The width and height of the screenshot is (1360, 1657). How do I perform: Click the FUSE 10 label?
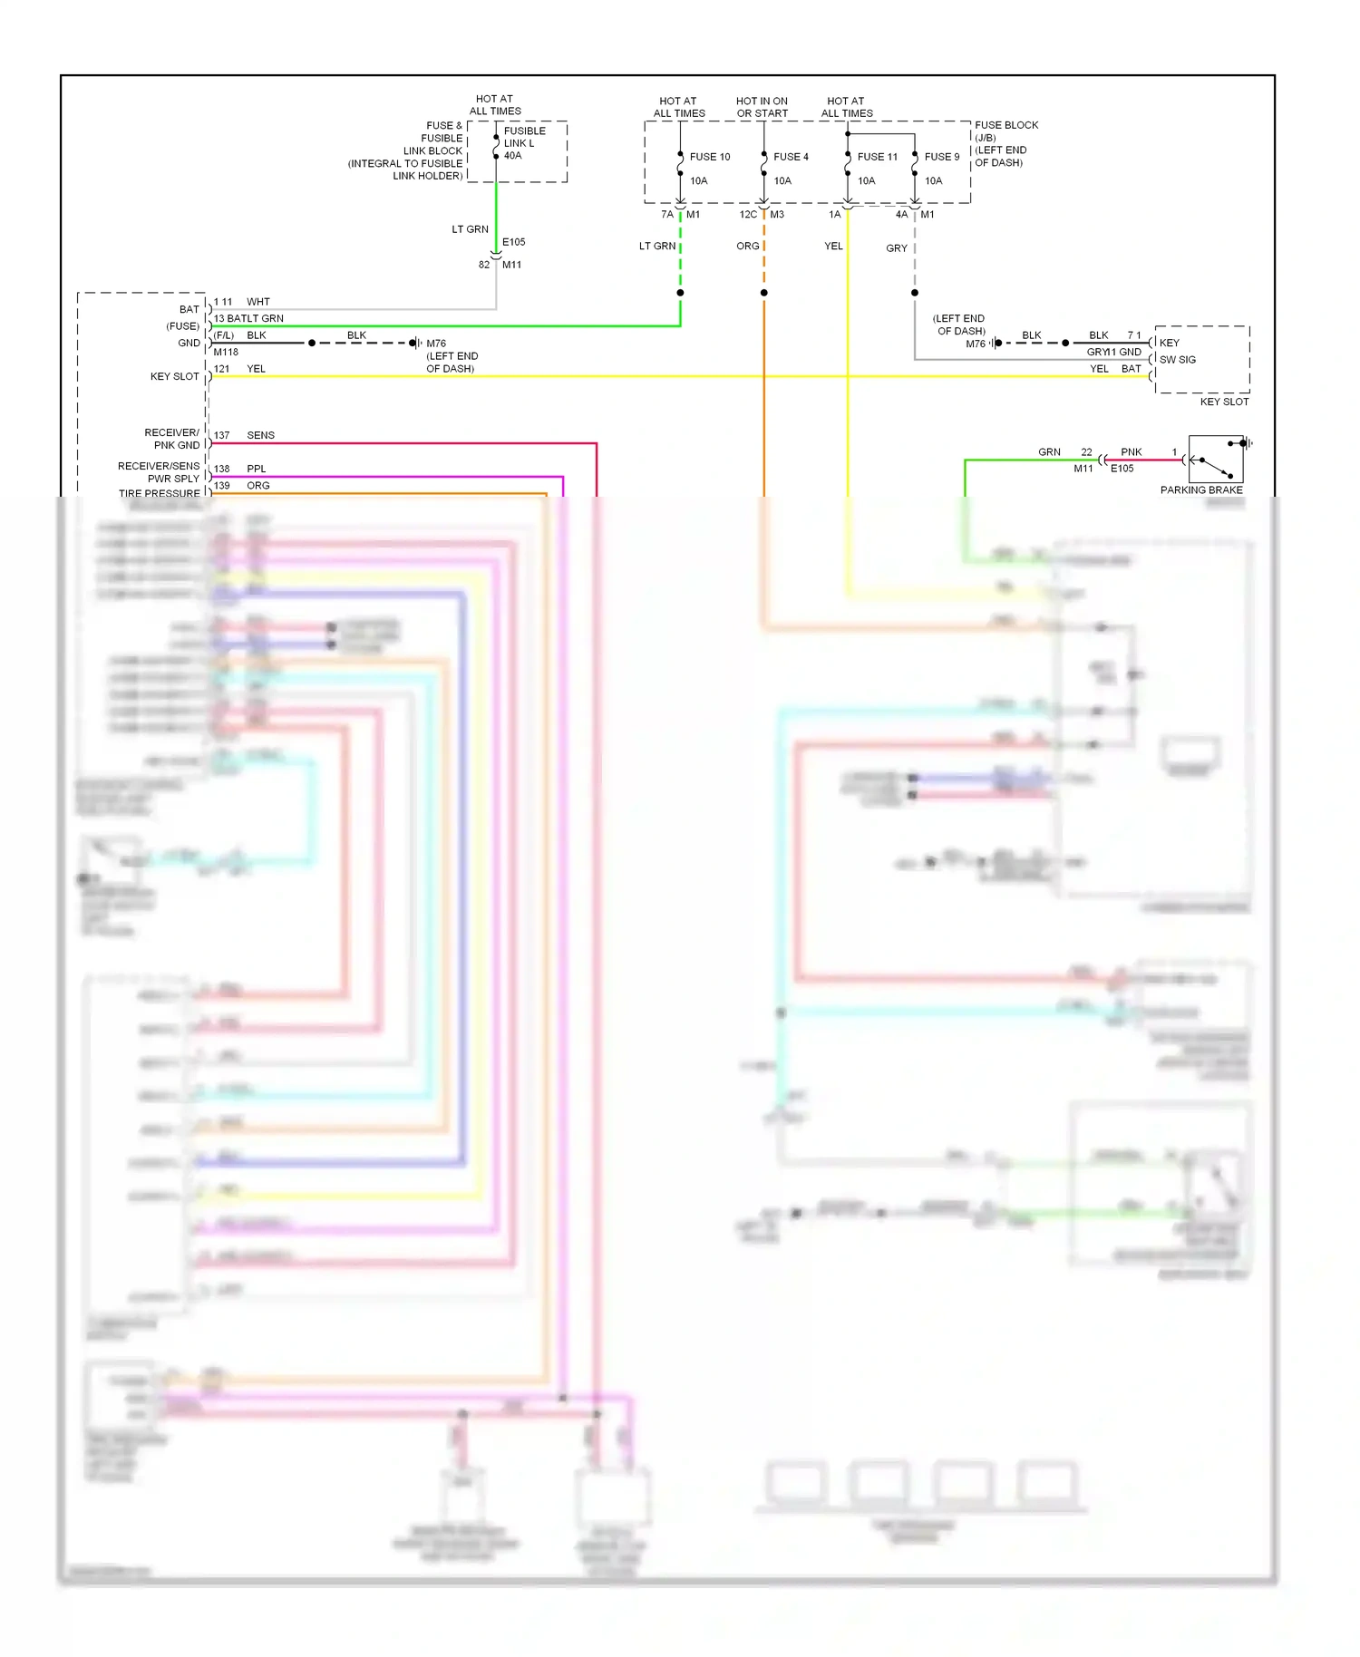click(709, 157)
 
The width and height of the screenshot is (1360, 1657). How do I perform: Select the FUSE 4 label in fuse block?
click(791, 157)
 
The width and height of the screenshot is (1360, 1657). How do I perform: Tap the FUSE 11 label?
click(877, 157)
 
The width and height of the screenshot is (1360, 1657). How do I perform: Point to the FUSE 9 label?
click(941, 157)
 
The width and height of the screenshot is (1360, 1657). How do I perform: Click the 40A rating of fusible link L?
click(512, 156)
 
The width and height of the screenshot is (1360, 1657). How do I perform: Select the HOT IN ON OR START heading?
click(762, 107)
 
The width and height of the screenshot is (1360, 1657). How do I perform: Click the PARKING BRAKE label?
click(1200, 489)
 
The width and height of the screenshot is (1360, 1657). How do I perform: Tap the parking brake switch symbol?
click(1215, 460)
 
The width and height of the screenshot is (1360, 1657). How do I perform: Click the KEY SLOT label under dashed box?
click(1224, 402)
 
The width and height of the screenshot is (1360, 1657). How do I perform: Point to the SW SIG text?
click(1177, 360)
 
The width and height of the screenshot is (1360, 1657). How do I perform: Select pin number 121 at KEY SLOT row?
click(221, 369)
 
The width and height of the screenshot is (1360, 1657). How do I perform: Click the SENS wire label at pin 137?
click(260, 435)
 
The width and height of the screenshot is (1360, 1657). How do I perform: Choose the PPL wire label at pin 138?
click(256, 469)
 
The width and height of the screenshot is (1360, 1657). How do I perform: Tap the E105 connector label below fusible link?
click(513, 242)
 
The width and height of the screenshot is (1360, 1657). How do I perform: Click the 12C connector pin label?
click(748, 215)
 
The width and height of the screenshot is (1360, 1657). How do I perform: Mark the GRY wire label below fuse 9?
click(896, 248)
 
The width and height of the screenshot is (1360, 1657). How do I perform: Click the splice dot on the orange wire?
click(763, 293)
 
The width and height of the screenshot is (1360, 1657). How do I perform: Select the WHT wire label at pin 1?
click(257, 302)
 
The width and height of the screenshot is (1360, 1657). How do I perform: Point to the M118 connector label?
click(226, 353)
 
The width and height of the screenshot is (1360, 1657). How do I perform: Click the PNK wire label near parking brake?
click(1131, 452)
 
